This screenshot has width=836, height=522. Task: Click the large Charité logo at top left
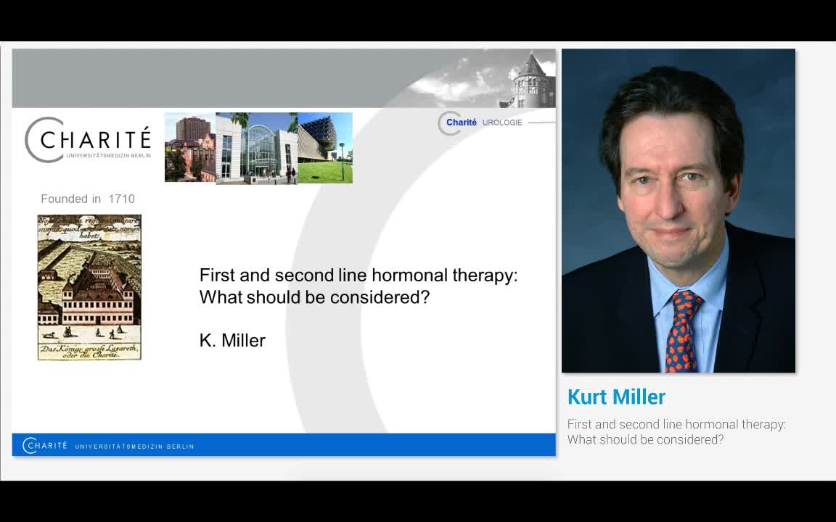coord(88,140)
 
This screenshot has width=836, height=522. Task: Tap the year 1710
coord(121,199)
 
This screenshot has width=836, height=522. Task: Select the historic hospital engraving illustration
coord(89,287)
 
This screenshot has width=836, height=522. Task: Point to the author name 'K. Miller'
coord(232,340)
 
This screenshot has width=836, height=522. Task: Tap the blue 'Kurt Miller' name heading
coord(616,397)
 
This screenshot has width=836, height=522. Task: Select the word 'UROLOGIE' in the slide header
coord(502,123)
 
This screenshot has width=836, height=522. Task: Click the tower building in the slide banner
coord(531,81)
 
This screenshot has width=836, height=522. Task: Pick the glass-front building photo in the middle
coord(258,149)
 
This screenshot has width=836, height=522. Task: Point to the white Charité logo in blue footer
coord(45,445)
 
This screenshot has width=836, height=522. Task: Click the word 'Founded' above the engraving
coord(61,199)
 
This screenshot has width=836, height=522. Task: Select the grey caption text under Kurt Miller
coord(676,431)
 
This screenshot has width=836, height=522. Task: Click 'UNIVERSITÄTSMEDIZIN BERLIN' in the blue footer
coord(134,446)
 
